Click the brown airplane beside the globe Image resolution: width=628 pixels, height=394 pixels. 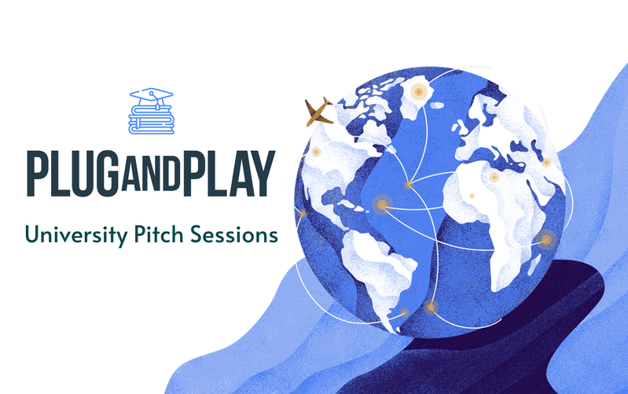[x=318, y=112]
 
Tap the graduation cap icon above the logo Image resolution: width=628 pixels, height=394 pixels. [x=152, y=96]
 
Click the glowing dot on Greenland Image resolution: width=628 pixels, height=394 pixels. [x=418, y=92]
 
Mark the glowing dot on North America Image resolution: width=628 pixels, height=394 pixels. [x=316, y=151]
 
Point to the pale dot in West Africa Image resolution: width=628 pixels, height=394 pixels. [x=472, y=196]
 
